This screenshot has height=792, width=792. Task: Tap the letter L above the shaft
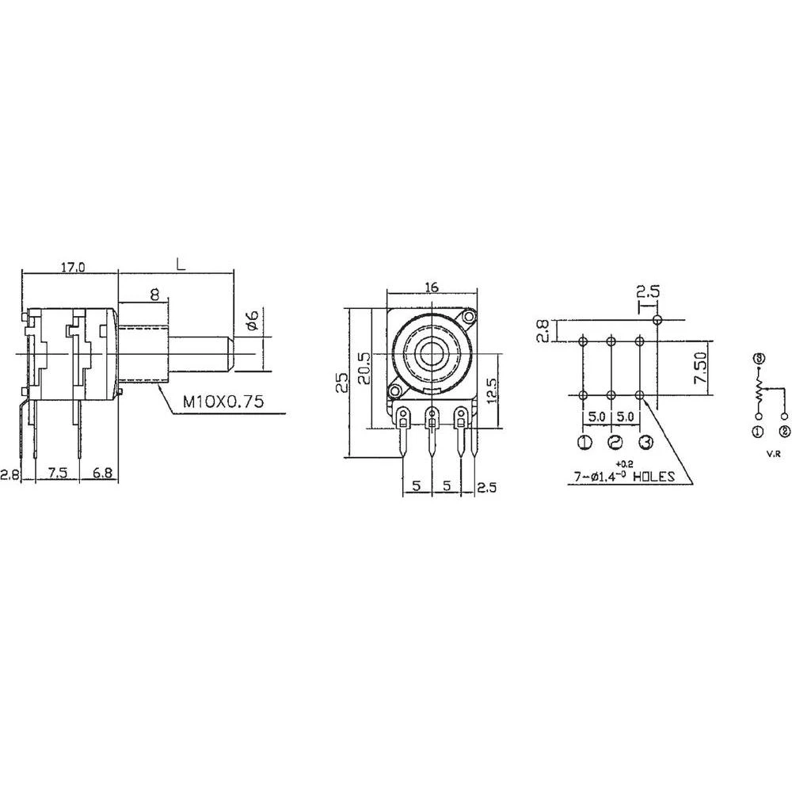[x=181, y=265]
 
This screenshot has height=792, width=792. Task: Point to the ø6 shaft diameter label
[x=250, y=321]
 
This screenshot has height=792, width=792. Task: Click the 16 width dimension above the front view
[x=432, y=287]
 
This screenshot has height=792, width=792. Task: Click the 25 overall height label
[x=341, y=383]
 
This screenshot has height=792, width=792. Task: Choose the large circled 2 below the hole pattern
[x=616, y=443]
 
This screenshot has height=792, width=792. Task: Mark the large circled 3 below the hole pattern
[x=645, y=443]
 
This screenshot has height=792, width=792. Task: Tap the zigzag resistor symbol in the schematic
[x=758, y=390]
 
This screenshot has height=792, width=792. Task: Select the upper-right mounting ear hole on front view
[x=470, y=318]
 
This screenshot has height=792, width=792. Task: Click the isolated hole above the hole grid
[x=657, y=319]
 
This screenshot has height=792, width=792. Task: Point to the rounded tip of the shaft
[x=232, y=355]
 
